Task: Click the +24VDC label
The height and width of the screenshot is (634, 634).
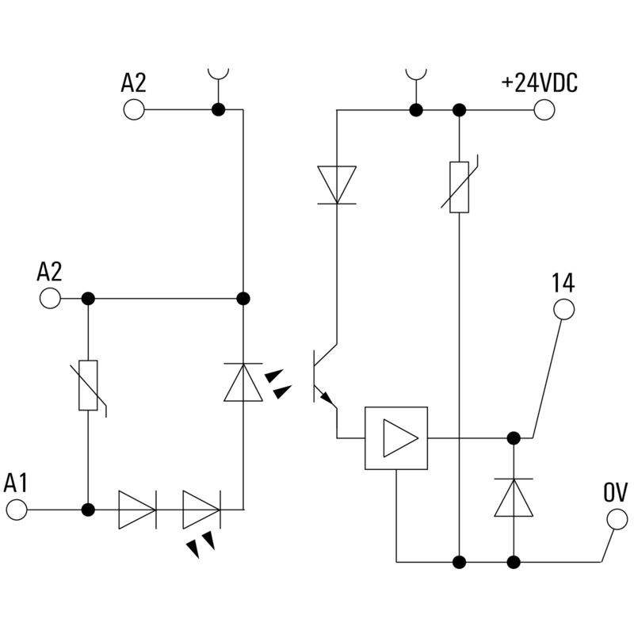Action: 539,82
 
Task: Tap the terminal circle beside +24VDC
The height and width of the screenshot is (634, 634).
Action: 544,109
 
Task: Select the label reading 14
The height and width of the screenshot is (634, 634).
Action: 563,283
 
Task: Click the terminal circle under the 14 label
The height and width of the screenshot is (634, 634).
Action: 563,308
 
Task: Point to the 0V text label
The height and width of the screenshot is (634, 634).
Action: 615,493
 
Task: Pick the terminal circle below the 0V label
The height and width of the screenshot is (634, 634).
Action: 616,519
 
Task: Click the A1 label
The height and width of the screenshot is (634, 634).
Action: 16,483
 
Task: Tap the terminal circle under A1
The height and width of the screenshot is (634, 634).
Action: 16,510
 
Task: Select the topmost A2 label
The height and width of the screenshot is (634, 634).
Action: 133,82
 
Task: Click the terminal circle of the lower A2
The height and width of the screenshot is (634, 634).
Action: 49,298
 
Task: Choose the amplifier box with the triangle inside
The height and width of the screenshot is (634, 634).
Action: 395,437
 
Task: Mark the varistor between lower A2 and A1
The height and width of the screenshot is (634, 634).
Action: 88,386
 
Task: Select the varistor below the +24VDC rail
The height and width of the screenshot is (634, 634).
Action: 460,187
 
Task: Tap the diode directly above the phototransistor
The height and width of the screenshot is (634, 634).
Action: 337,185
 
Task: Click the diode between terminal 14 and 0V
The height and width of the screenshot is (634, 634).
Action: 514,498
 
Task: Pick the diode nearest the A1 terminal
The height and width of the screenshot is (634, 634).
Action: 136,510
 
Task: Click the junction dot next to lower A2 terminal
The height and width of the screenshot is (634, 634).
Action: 88,298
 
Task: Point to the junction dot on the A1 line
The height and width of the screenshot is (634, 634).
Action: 88,510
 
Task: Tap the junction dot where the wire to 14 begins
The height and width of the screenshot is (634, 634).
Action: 514,437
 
